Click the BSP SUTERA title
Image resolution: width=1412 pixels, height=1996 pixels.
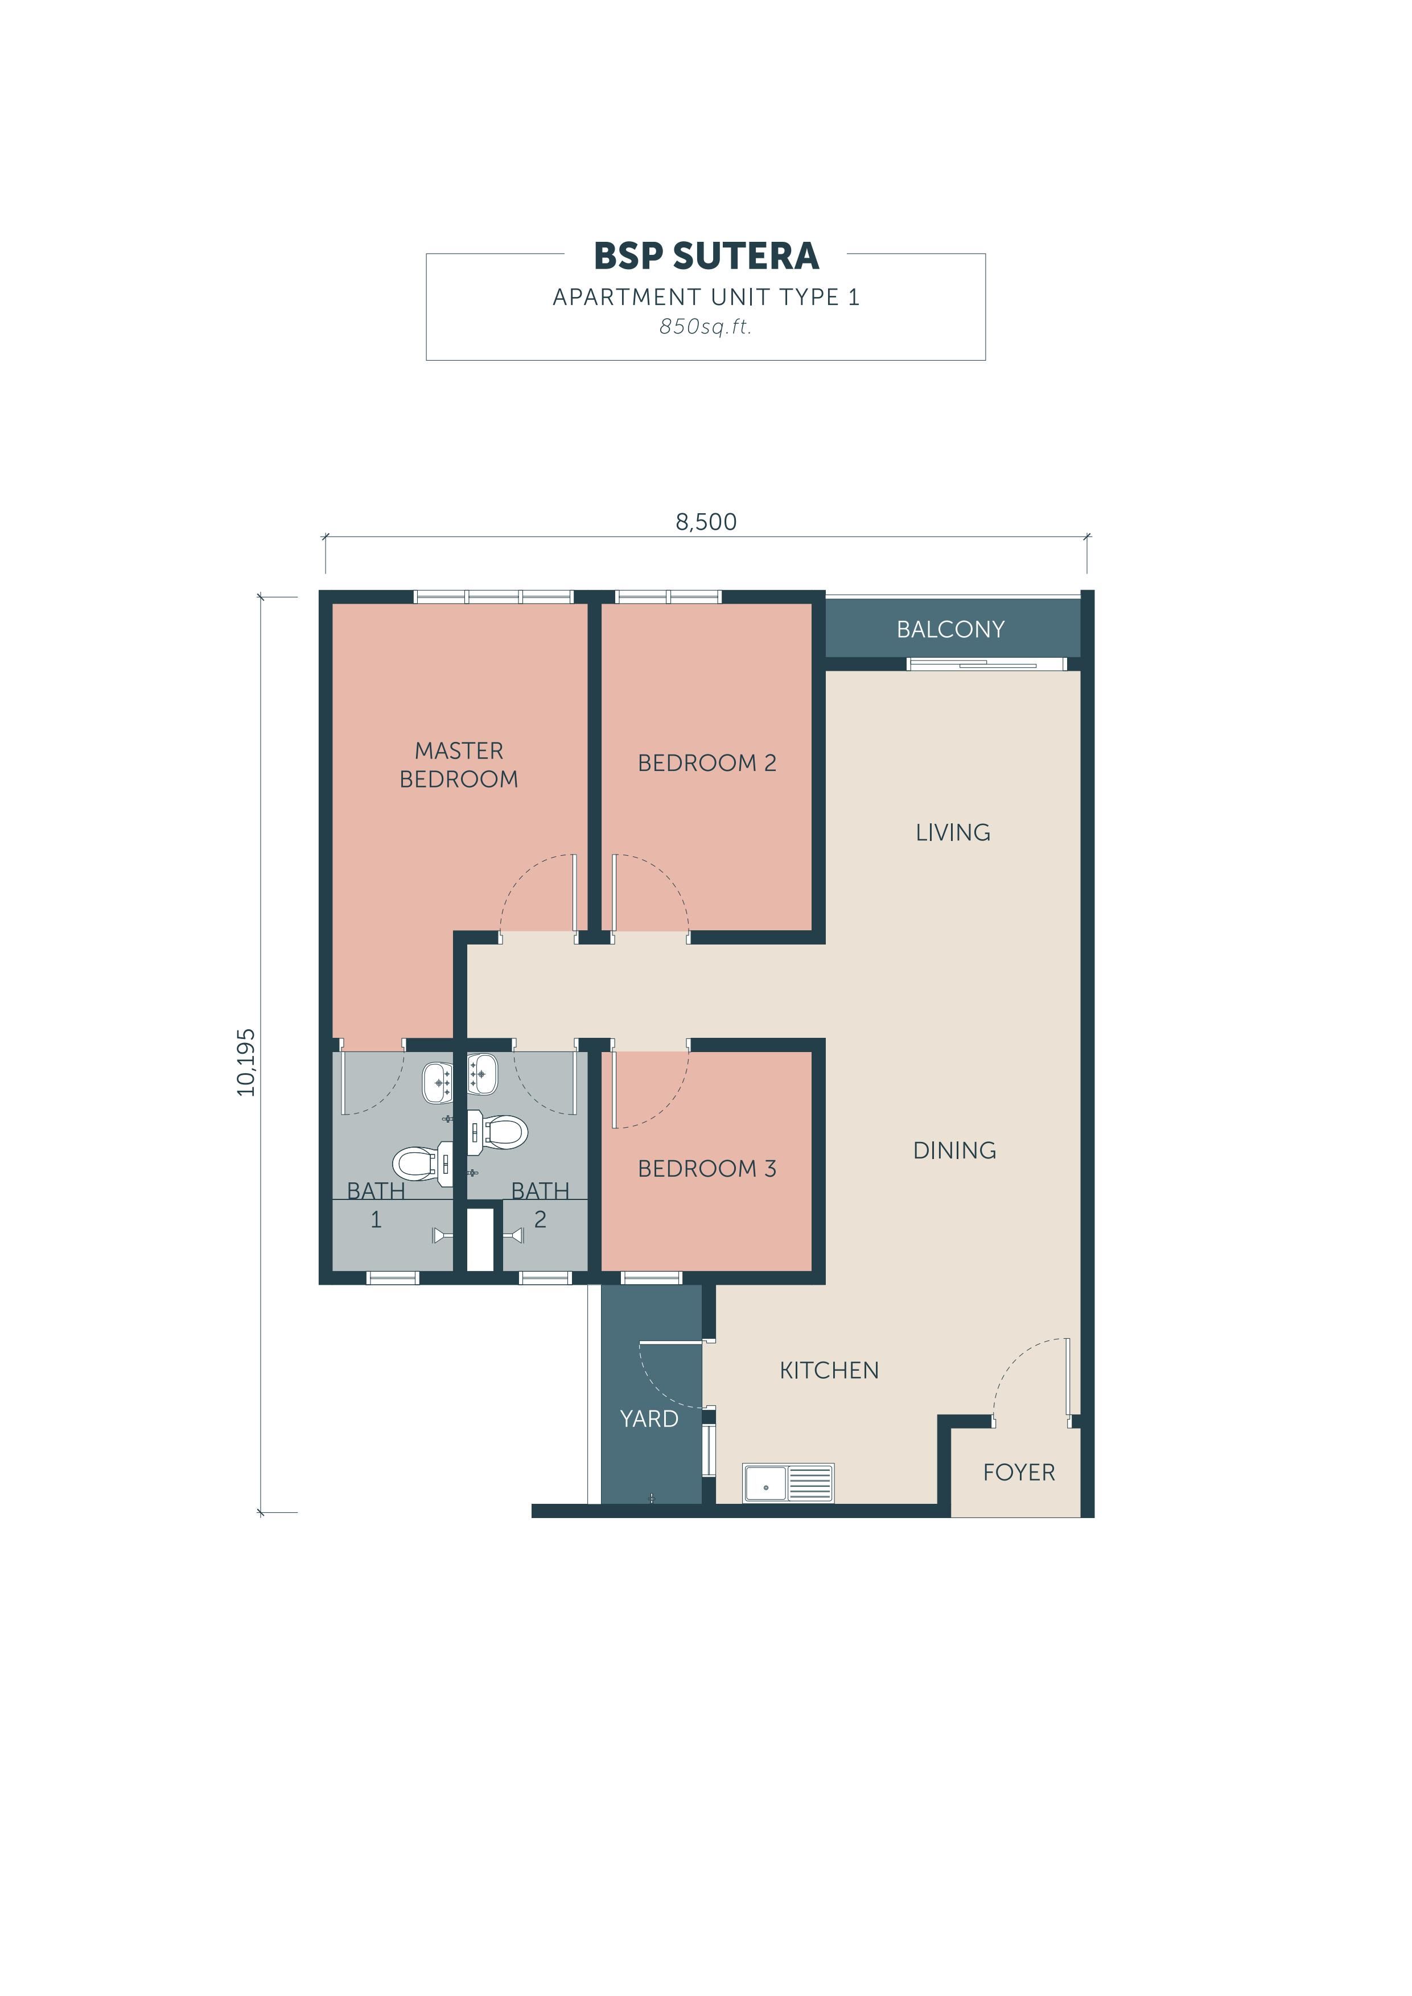coord(706,255)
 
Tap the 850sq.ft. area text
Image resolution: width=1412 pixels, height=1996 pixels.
coord(705,327)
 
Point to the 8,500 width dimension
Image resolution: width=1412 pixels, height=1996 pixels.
coord(706,522)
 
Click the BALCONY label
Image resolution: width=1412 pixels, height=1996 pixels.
coord(950,629)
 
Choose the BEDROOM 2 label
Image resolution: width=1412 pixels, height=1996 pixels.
coord(707,762)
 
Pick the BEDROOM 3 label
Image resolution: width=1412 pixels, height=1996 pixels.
coord(707,1168)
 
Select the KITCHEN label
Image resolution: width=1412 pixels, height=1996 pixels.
coord(829,1370)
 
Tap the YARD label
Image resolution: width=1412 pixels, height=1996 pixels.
coord(649,1418)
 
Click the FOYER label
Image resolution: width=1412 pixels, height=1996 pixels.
coord(1019,1472)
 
